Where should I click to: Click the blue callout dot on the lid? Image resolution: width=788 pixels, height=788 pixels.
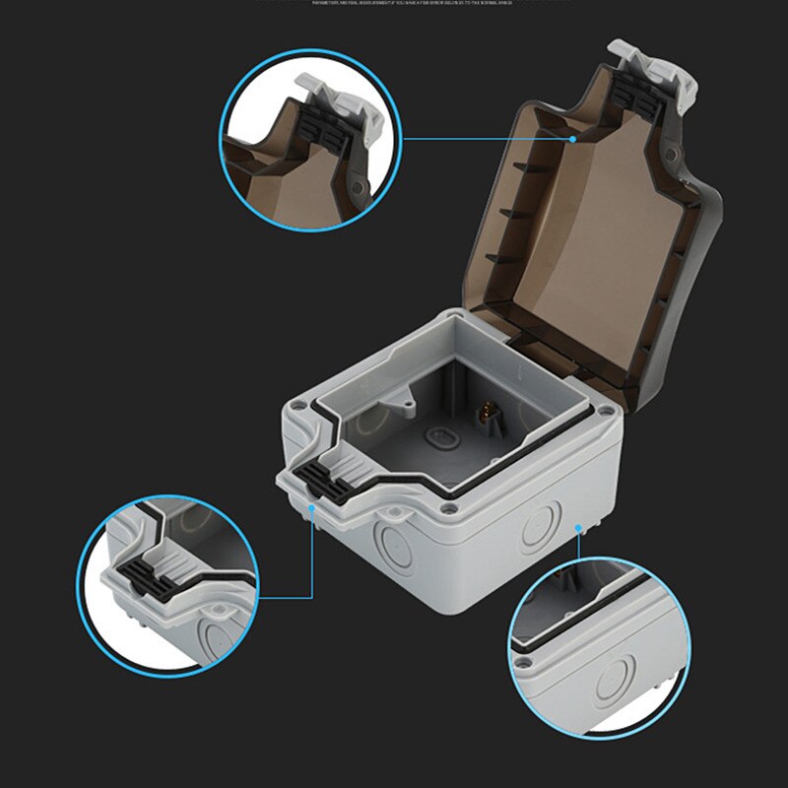click(572, 139)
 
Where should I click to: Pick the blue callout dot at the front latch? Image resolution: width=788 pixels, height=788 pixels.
click(312, 507)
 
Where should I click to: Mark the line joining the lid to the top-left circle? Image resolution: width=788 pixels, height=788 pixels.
click(488, 139)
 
